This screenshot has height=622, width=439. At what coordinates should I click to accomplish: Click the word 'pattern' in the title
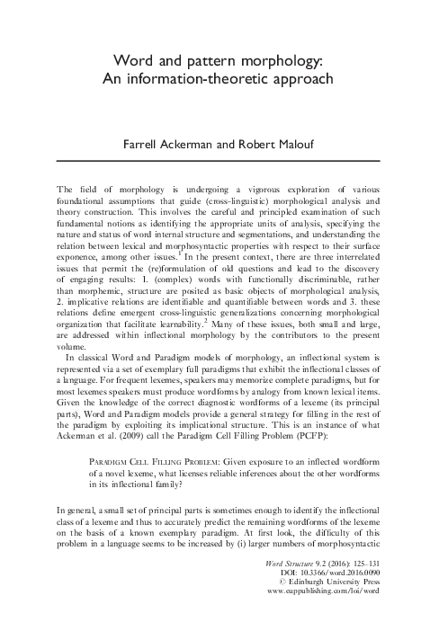pyautogui.click(x=213, y=60)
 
